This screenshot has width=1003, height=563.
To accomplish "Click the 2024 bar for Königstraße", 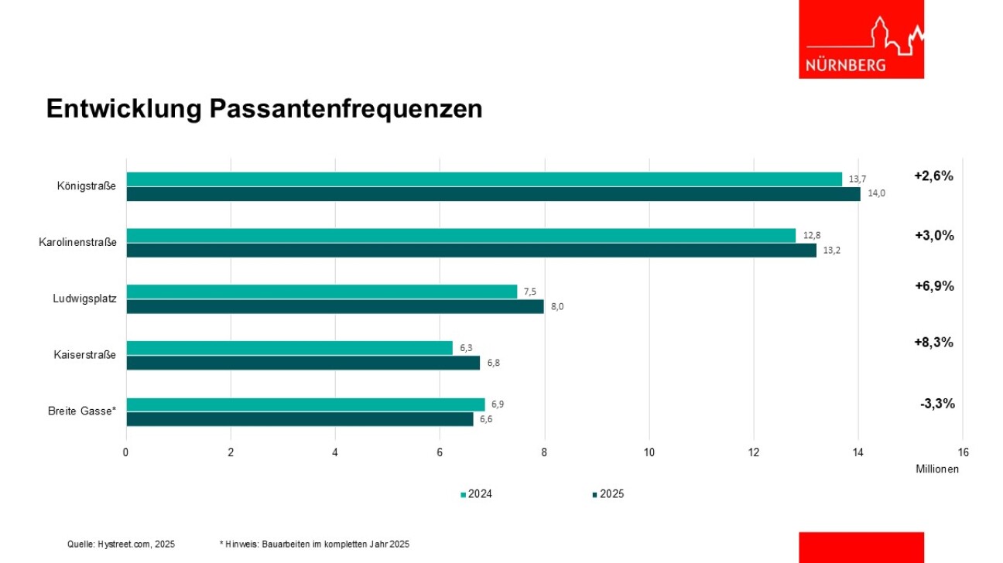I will coord(484,179).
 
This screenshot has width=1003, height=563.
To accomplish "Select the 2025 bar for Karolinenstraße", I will coord(471,251).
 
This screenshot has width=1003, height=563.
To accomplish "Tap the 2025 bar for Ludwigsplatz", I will coord(334,307).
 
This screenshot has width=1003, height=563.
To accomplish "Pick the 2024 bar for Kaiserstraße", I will coord(289,348).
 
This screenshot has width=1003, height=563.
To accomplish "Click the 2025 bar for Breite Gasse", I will coord(300,419).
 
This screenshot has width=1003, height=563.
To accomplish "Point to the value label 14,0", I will coord(876,193).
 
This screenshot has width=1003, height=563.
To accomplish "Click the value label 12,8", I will coord(811,236).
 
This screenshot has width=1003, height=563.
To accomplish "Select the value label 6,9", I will coord(498,404).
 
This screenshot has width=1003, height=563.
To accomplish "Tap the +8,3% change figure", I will coord(933,342).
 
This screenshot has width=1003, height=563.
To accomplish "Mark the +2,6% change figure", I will coord(933,176).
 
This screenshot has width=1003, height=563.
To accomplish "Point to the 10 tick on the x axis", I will coord(649,452).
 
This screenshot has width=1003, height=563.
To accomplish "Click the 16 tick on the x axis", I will coord(963,452).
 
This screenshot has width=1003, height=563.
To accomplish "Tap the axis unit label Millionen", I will coord(937,469).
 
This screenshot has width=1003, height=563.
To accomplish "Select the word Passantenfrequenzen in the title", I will coord(345,109).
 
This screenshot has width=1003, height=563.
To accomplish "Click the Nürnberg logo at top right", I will coord(861,39).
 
